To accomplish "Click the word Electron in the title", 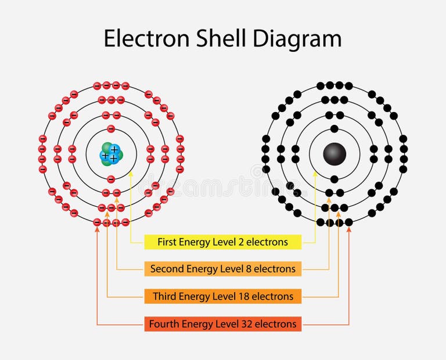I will point(146,38).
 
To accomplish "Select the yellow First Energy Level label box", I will point(223,242).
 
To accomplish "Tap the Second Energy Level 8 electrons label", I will point(223,269).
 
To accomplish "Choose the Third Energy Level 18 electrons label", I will point(223,296).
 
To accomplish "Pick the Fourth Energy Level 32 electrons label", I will point(223,324).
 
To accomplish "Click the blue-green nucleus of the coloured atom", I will point(111,154).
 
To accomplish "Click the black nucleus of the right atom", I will point(334,154).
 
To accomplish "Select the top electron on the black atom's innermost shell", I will point(334,129).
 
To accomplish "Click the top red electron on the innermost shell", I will point(111,129).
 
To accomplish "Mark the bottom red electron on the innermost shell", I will point(111,179).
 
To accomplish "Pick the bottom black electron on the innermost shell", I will point(334,179).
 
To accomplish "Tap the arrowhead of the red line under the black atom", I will point(349,229).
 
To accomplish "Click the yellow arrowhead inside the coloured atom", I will point(131,172).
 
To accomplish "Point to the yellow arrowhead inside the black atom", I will point(315,172).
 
